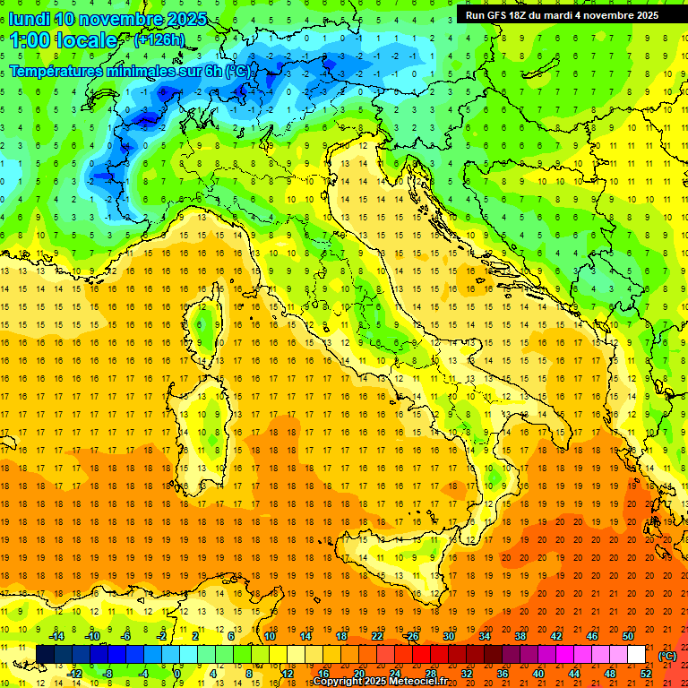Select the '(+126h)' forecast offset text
(159, 39)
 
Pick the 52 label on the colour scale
(645, 673)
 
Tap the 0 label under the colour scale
(177, 673)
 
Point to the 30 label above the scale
(448, 636)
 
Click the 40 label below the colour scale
(537, 673)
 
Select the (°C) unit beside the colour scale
(667, 656)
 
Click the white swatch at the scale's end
(636, 655)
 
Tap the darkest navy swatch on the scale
(45, 655)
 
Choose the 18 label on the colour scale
(341, 636)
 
